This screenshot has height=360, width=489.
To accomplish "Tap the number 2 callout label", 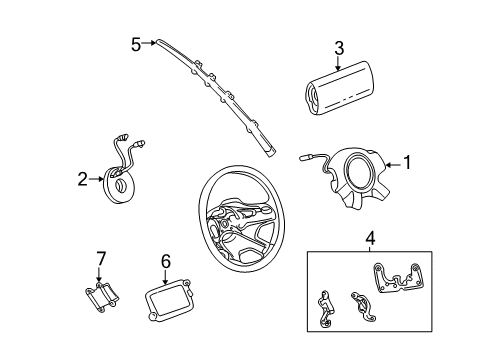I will [82, 180].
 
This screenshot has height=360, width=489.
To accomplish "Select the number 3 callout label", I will [339, 47].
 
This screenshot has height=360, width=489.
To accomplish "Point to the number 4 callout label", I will [369, 238].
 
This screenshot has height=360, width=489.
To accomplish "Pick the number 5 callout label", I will [136, 43].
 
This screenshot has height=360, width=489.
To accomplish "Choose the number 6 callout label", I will [166, 261].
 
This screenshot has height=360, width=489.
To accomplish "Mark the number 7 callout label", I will [100, 261].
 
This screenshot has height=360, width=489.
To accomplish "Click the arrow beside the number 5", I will [150, 43].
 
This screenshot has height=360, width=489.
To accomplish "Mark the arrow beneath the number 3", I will [339, 62].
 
